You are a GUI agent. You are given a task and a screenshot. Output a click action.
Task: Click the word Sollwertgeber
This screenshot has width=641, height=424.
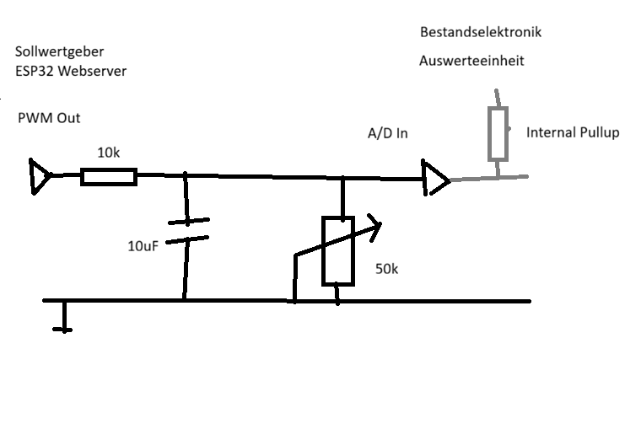(x=59, y=52)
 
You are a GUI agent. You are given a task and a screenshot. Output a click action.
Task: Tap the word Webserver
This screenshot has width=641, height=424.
(x=92, y=71)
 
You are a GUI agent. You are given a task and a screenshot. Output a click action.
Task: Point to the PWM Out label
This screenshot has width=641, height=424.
(x=49, y=118)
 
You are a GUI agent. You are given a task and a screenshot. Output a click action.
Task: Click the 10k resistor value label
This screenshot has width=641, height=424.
(x=108, y=153)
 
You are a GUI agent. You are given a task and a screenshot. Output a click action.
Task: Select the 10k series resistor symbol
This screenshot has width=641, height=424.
(x=109, y=177)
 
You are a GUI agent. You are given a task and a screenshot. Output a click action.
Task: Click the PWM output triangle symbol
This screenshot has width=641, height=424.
(x=40, y=176)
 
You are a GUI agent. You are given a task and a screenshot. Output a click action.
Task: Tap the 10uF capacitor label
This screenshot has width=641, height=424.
(x=143, y=246)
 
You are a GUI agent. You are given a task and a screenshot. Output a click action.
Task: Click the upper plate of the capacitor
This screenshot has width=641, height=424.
(x=189, y=222)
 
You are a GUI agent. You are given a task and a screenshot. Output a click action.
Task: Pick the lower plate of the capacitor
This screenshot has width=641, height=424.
(x=187, y=239)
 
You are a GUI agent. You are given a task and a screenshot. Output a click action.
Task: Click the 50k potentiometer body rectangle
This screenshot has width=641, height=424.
(x=338, y=251)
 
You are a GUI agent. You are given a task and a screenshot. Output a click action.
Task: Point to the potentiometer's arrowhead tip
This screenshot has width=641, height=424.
(x=381, y=223)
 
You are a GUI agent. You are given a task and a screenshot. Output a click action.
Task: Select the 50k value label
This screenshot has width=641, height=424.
(x=386, y=269)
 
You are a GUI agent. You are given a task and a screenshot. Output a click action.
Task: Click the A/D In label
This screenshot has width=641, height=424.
(x=387, y=133)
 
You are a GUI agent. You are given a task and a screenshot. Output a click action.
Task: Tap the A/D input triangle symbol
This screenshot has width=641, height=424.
(x=436, y=178)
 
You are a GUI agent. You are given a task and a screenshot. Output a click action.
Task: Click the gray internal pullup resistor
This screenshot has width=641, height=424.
(x=498, y=133)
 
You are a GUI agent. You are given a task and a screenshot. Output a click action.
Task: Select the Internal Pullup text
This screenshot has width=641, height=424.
(x=573, y=132)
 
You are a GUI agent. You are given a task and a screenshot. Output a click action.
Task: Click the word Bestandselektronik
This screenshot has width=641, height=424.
(x=481, y=32)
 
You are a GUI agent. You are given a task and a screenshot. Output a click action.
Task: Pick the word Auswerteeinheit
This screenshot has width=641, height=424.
(x=471, y=61)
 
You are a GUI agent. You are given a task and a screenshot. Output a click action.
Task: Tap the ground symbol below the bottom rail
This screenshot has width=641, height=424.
(x=64, y=317)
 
